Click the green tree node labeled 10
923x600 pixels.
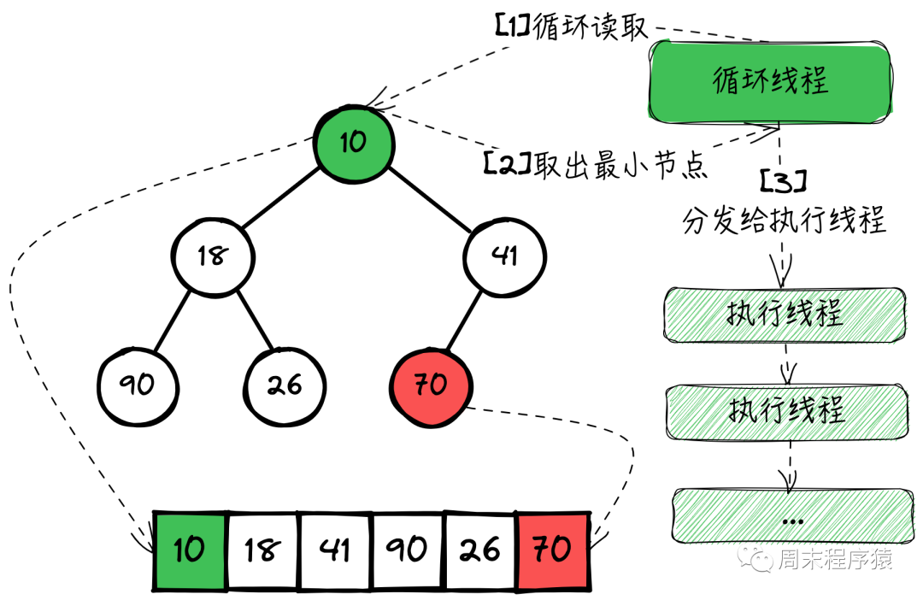tap(354, 142)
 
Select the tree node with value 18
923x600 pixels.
tap(213, 256)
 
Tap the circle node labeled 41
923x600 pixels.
tap(505, 256)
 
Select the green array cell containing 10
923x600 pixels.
tap(190, 550)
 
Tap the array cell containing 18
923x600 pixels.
tap(262, 550)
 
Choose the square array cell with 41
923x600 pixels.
tap(335, 550)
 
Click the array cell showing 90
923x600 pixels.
tap(408, 550)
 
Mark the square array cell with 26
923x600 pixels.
tap(480, 550)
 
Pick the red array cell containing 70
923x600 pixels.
tap(553, 550)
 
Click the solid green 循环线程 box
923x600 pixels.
tap(771, 82)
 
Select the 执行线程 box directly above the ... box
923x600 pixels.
tap(785, 410)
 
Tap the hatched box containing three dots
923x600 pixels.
tap(792, 515)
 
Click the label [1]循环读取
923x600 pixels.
tap(571, 26)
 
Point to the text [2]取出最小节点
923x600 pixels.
tap(596, 163)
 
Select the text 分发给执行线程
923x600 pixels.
tap(785, 220)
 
